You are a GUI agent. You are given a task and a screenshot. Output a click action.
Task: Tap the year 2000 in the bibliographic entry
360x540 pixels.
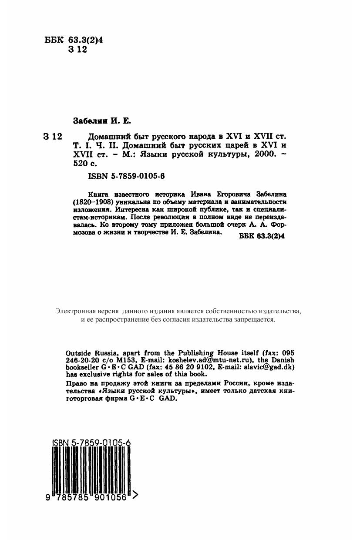click(x=261, y=155)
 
